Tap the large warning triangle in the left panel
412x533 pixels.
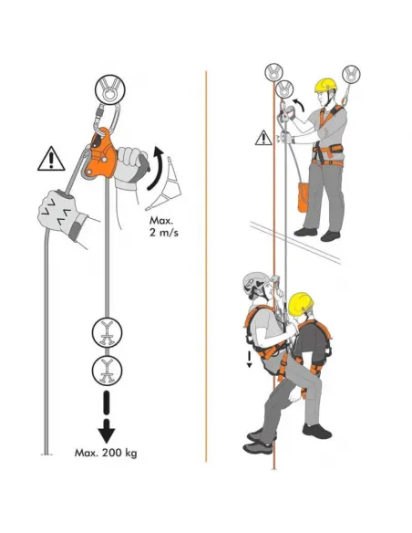click(51, 159)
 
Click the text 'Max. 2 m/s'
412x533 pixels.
click(163, 226)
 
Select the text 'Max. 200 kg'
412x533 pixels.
click(106, 453)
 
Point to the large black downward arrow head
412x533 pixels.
click(107, 432)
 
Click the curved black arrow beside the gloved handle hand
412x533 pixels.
click(156, 168)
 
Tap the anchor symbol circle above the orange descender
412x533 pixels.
click(109, 89)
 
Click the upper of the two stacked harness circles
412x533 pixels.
click(107, 332)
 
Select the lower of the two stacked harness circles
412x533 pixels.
click(107, 371)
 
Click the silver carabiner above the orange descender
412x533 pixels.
click(108, 117)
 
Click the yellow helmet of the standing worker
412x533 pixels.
click(325, 85)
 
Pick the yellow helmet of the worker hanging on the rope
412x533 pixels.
click(301, 303)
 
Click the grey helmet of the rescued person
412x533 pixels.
click(255, 283)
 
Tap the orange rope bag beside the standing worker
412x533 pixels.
click(303, 197)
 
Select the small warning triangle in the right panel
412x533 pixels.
click(263, 138)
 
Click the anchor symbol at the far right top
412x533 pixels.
click(351, 74)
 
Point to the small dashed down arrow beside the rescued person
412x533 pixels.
click(250, 360)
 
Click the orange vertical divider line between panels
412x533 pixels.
click(206, 266)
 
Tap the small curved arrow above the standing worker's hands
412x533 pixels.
click(299, 105)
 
